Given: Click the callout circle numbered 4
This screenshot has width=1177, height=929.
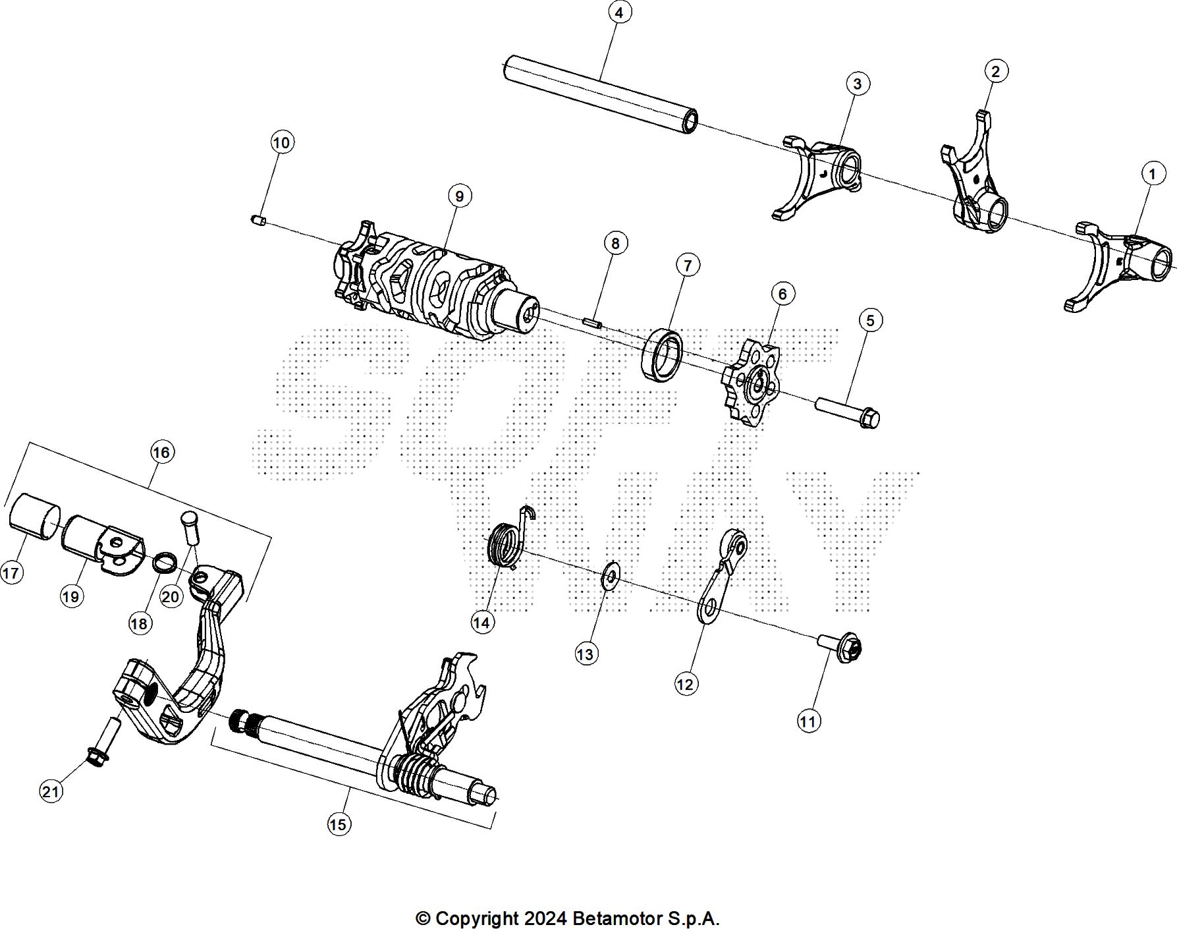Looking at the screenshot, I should [618, 13].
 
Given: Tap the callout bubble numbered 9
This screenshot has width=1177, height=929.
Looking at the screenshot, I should [459, 196].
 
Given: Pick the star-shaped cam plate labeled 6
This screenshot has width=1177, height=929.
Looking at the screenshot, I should [751, 382].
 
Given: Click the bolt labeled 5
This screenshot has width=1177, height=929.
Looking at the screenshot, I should [848, 411].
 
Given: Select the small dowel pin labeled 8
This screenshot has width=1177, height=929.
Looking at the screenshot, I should [593, 324].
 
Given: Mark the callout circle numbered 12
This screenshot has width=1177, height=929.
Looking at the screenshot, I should [685, 684].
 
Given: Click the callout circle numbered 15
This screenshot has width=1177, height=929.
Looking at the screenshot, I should [339, 824].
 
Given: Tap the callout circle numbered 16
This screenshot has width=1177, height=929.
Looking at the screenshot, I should [161, 452].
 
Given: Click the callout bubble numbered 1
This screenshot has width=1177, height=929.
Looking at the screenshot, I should [1151, 175].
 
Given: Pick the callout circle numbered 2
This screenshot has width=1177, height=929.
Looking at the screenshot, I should [995, 71].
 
